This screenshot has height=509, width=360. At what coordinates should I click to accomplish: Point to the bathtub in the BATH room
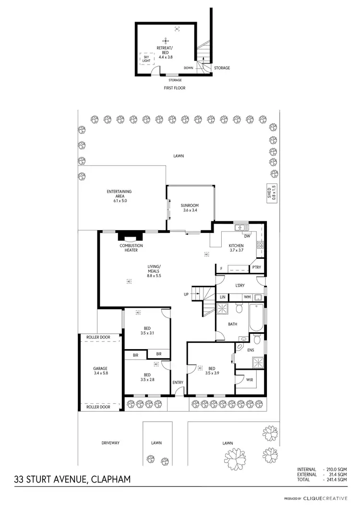tap(257, 318)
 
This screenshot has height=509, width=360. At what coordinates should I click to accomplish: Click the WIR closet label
tap(249, 379)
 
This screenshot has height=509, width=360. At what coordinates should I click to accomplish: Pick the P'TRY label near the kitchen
tap(256, 268)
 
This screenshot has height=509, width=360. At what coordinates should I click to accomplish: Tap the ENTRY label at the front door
tap(178, 382)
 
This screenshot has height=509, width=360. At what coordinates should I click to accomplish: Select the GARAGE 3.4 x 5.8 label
tap(100, 372)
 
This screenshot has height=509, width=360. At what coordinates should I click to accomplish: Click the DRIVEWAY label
tap(110, 443)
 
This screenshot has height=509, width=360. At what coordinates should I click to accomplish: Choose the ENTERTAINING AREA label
tap(119, 194)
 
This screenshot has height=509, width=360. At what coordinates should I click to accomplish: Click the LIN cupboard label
tap(223, 298)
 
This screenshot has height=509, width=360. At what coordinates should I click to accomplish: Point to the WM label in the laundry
tap(247, 298)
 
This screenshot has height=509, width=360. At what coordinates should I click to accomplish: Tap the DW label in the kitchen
tap(247, 236)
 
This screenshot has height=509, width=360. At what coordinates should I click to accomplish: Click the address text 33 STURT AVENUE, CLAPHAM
tap(72, 479)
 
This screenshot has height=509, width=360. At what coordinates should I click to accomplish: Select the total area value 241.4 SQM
tap(336, 479)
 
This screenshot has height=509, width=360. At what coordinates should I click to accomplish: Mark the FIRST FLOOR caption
tap(175, 88)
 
